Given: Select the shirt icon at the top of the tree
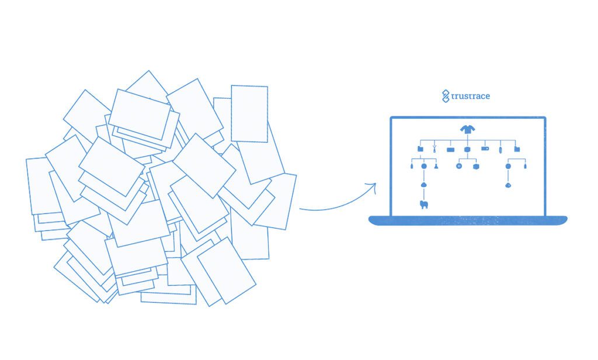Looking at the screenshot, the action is [x=467, y=130].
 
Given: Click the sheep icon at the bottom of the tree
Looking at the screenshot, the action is [x=424, y=205].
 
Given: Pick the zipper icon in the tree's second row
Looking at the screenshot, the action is [x=434, y=150].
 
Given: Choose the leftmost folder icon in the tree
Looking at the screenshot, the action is [x=421, y=150].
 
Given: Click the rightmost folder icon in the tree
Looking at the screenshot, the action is [x=517, y=150].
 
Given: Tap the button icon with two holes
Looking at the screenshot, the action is [x=459, y=167].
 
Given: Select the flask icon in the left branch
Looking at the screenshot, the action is [x=436, y=167].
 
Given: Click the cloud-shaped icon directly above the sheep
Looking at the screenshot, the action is [x=424, y=185].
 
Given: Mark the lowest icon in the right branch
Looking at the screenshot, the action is [x=508, y=185].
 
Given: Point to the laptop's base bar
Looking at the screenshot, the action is [x=467, y=220].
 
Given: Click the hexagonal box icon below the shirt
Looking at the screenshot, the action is [x=467, y=150].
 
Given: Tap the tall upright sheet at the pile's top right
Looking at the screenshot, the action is [x=249, y=113].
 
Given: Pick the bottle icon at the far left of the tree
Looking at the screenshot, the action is [x=412, y=167].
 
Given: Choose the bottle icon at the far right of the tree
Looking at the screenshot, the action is [x=525, y=167].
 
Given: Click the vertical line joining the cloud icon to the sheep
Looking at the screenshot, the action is [x=424, y=194].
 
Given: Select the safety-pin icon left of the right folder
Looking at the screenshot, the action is [x=500, y=150].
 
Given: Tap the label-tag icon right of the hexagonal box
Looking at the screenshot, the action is [x=485, y=149].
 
